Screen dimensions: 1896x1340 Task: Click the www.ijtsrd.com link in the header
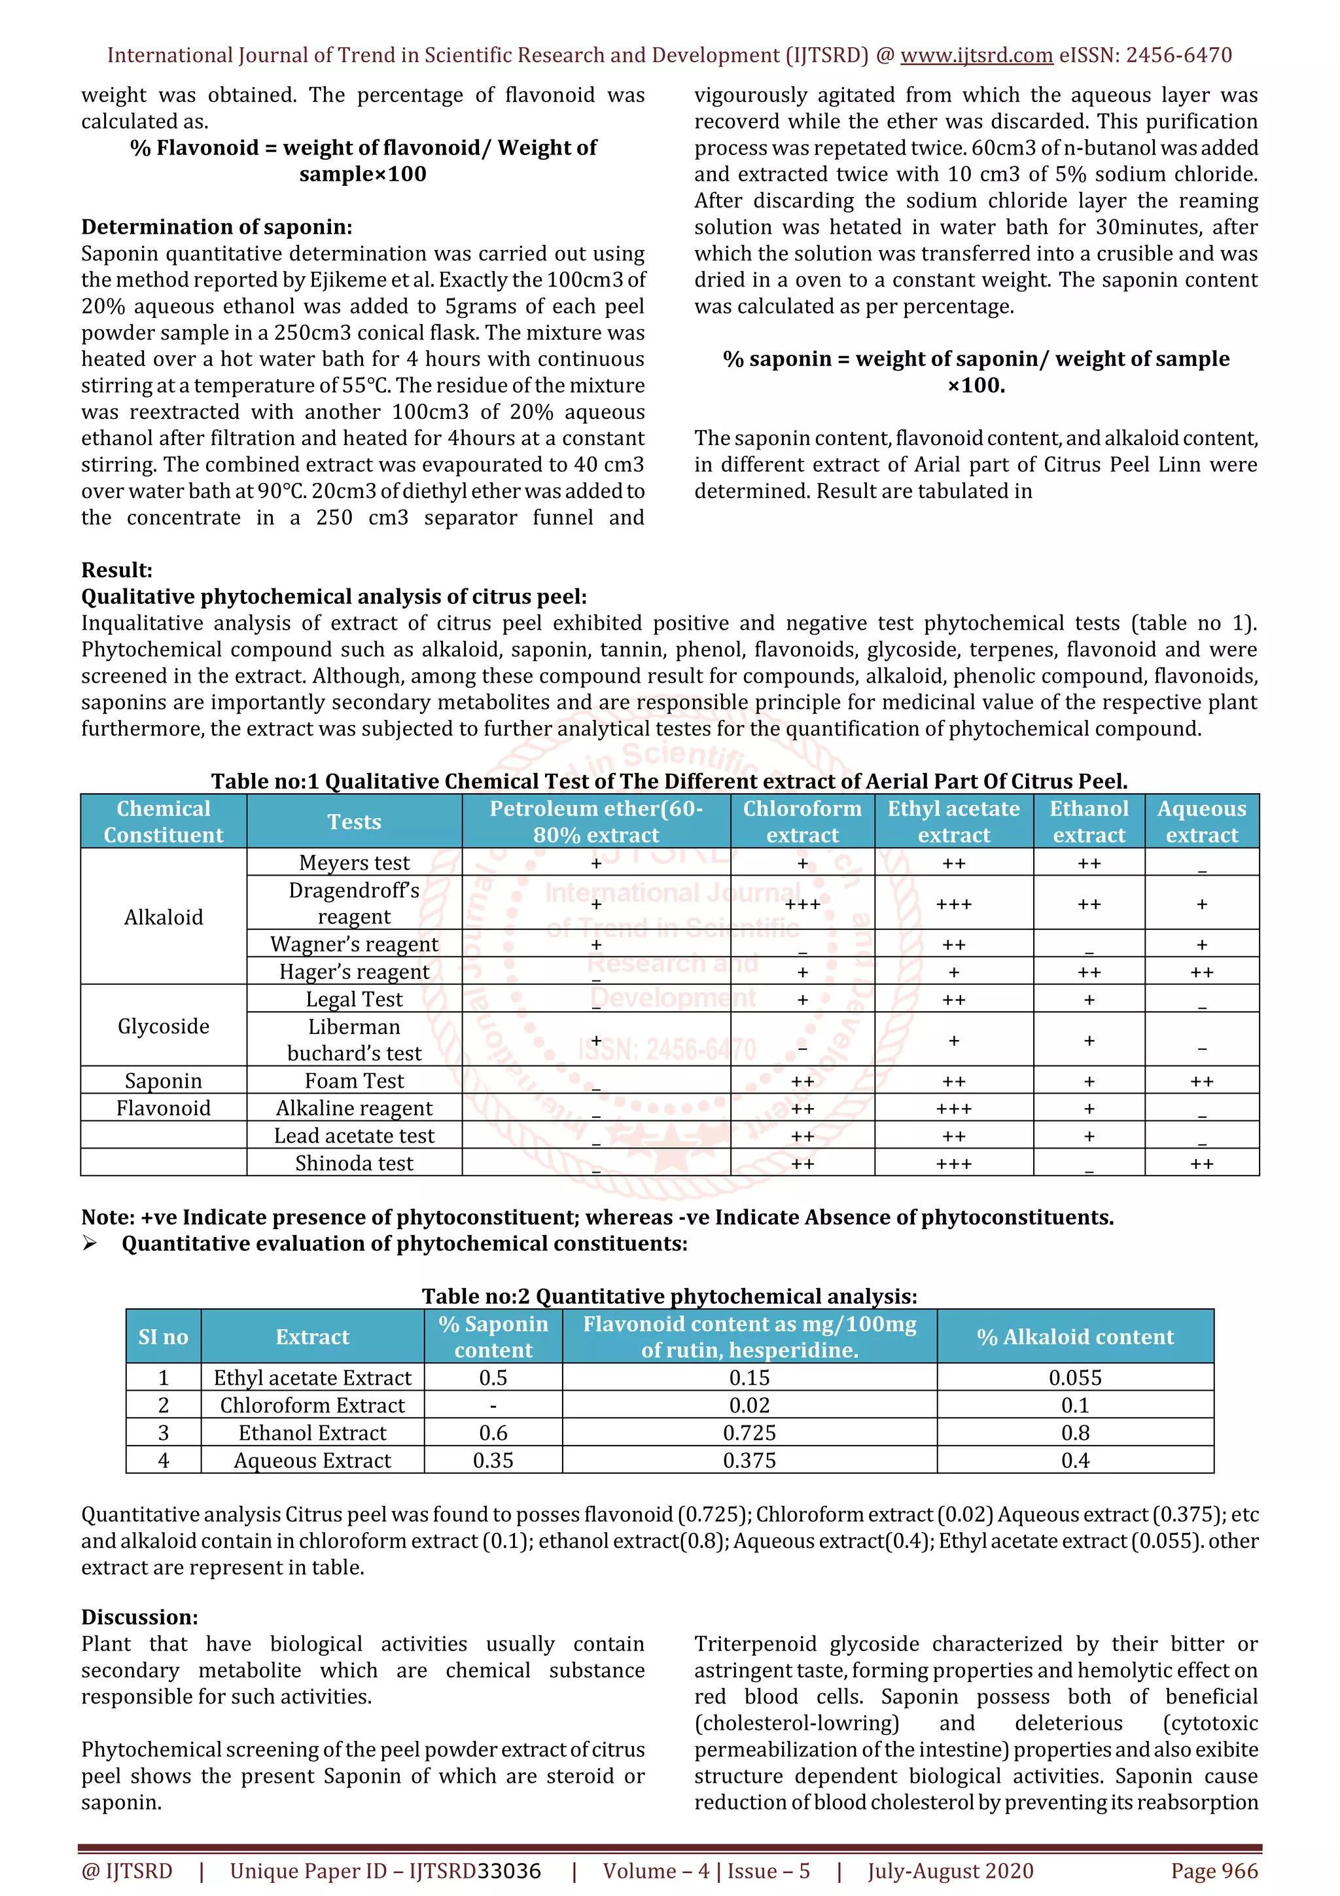coord(976,56)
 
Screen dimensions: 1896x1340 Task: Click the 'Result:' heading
coord(116,570)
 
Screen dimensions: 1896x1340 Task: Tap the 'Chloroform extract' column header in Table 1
coord(802,821)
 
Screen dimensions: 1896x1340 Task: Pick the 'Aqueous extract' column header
coord(1201,821)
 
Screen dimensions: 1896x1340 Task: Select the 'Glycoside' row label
coord(164,1026)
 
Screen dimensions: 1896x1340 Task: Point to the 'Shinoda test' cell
coord(354,1163)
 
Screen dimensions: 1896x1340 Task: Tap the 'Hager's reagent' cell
coord(354,971)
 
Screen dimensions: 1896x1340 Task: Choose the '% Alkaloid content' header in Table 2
coord(1075,1336)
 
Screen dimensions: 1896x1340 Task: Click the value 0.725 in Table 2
coord(749,1432)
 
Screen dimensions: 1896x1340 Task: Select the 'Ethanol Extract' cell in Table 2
coord(312,1432)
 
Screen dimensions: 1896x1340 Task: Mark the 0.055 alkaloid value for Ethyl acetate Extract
coord(1075,1378)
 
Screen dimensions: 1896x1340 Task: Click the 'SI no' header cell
coord(164,1336)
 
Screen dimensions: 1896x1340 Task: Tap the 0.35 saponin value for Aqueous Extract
coord(493,1460)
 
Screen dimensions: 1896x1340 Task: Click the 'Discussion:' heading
coord(139,1617)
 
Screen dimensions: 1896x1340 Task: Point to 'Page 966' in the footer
coord(1214,1870)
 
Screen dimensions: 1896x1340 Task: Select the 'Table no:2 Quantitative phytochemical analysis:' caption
coord(669,1296)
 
